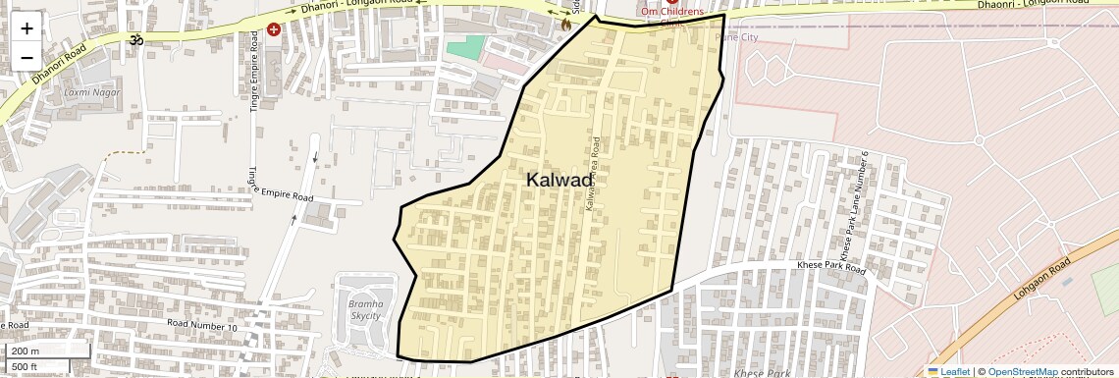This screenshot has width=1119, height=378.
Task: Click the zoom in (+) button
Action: [27, 27]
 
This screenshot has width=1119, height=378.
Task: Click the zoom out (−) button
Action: [27, 57]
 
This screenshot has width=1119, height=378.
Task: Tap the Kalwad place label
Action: [559, 180]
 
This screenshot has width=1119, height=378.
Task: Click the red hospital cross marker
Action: [273, 29]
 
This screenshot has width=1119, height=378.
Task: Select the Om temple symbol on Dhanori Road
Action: [135, 39]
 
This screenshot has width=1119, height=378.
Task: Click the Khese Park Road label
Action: [829, 267]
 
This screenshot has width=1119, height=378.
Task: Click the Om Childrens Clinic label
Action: [672, 12]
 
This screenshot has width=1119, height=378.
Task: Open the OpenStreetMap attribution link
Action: [1022, 372]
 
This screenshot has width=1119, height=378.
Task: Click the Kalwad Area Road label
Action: [592, 177]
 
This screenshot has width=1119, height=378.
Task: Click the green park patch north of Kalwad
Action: [466, 46]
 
